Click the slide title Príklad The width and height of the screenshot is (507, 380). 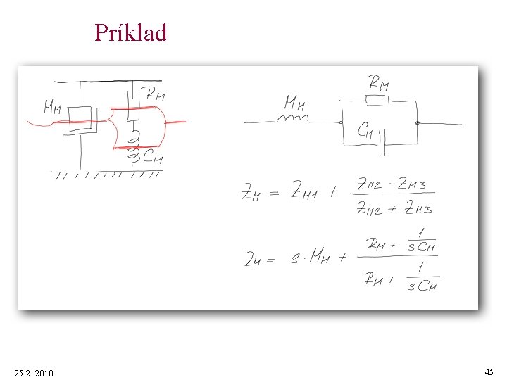pyautogui.click(x=131, y=32)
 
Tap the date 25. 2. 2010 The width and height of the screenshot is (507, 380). pyautogui.click(x=33, y=372)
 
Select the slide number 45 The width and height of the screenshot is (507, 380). pyautogui.click(x=489, y=371)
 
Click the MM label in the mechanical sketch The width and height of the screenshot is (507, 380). pyautogui.click(x=54, y=107)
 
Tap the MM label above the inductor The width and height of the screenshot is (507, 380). pyautogui.click(x=294, y=103)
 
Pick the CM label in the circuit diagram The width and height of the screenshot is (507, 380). pyautogui.click(x=365, y=130)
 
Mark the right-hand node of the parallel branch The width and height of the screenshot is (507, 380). pyautogui.click(x=417, y=122)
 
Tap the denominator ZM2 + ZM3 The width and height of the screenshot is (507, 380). pyautogui.click(x=394, y=208)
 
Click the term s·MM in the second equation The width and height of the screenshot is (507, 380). pyautogui.click(x=311, y=259)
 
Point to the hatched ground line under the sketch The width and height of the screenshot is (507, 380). pyautogui.click(x=106, y=174)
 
